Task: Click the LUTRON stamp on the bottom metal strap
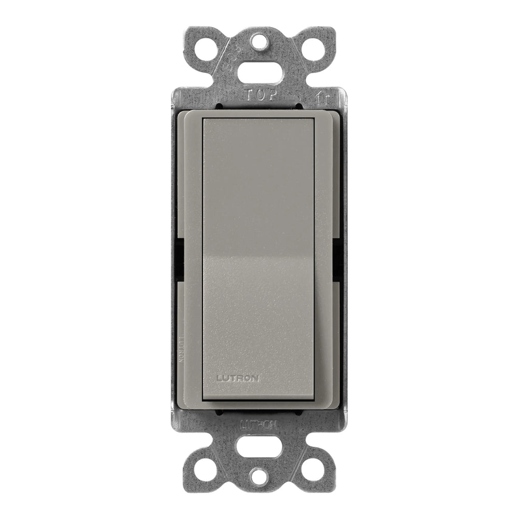[x=259, y=424]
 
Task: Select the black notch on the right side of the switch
[x=337, y=259]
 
